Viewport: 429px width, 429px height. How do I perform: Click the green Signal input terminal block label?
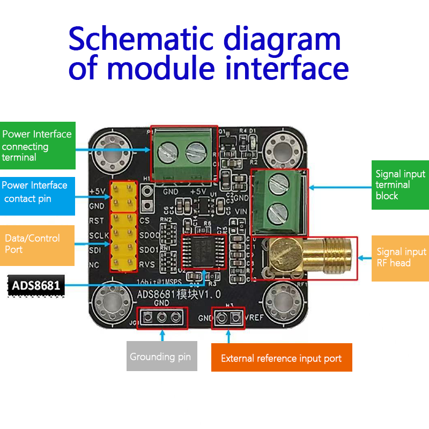(400, 184)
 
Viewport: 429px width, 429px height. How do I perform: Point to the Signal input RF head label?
(400, 257)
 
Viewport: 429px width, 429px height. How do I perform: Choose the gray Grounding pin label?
(161, 356)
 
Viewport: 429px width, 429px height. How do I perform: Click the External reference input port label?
(281, 358)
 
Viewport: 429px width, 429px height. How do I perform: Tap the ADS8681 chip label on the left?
(36, 284)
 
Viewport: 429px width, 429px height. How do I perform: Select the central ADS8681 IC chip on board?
(204, 250)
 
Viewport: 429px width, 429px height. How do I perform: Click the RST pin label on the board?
(97, 220)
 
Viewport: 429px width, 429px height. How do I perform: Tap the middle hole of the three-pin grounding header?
(161, 318)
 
